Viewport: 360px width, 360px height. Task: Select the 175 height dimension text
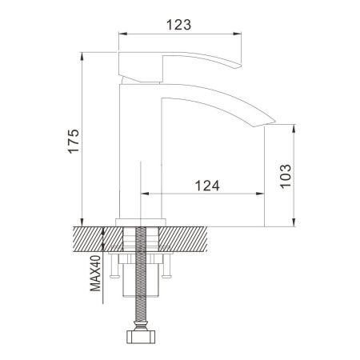click(74, 140)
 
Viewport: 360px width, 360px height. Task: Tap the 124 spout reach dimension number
click(207, 185)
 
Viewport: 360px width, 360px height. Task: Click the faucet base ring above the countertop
click(141, 221)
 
